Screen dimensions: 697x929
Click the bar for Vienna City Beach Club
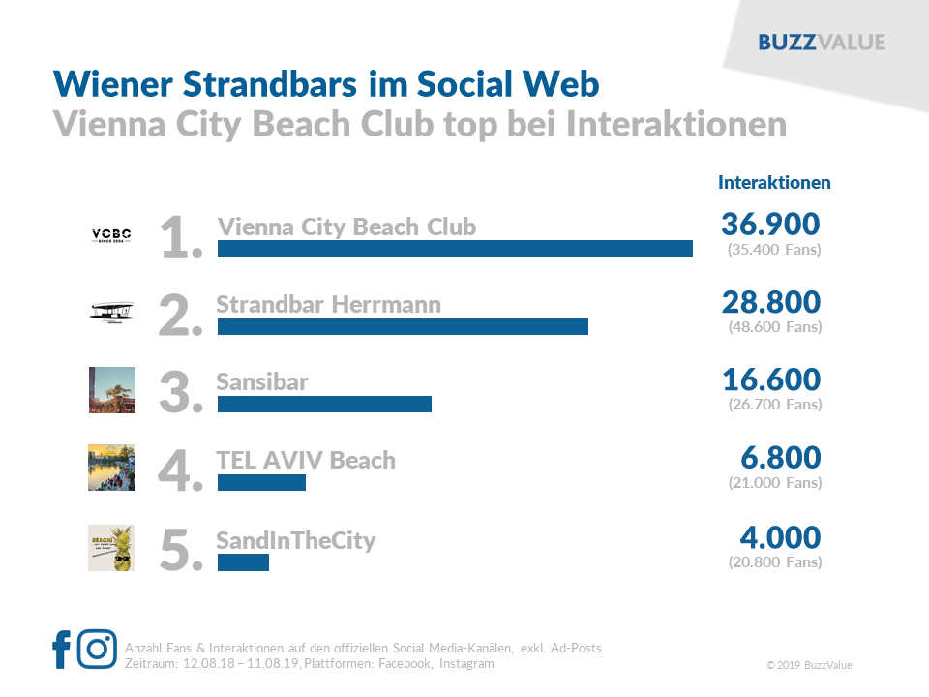[x=455, y=249]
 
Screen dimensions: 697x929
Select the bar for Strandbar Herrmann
[x=403, y=326]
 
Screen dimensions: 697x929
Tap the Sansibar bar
[x=324, y=405]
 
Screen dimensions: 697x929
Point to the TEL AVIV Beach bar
[x=261, y=482]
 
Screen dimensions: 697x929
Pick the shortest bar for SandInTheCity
[x=243, y=561]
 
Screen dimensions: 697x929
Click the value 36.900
[x=770, y=225]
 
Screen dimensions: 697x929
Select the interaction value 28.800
[x=771, y=302]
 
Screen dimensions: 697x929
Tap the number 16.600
[x=771, y=379]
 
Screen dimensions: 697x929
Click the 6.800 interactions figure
[x=779, y=458]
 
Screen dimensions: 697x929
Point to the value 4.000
[x=779, y=537]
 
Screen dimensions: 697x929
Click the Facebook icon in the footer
[x=61, y=650]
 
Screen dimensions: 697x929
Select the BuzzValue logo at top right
[x=822, y=43]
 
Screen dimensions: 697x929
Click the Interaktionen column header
[x=774, y=182]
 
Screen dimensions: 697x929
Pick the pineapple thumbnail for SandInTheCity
[x=111, y=548]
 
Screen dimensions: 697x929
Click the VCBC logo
[x=111, y=234]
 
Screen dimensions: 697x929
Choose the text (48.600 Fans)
[x=774, y=327]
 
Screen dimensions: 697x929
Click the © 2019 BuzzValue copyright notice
[x=809, y=665]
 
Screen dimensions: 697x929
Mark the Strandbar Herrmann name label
[x=328, y=304]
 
